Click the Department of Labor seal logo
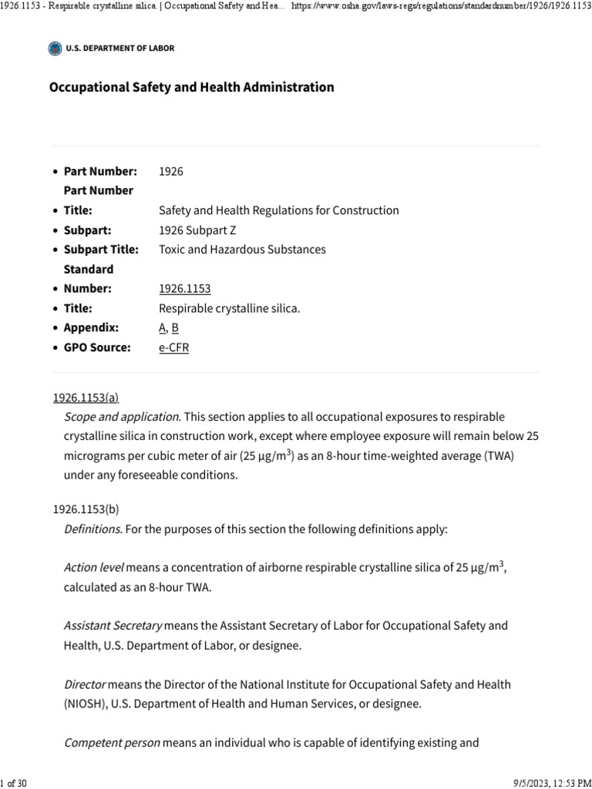54,49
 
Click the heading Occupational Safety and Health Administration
191,87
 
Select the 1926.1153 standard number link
184,289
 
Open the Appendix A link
162,327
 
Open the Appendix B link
175,327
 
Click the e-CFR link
173,347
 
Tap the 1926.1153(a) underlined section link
86,398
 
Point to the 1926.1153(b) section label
86,509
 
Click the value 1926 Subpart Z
198,230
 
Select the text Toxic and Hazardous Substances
242,250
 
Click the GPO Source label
96,347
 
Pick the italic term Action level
93,568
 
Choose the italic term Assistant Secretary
113,626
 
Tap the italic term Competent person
112,744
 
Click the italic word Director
85,684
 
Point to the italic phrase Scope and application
122,417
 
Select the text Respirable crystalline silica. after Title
229,308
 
